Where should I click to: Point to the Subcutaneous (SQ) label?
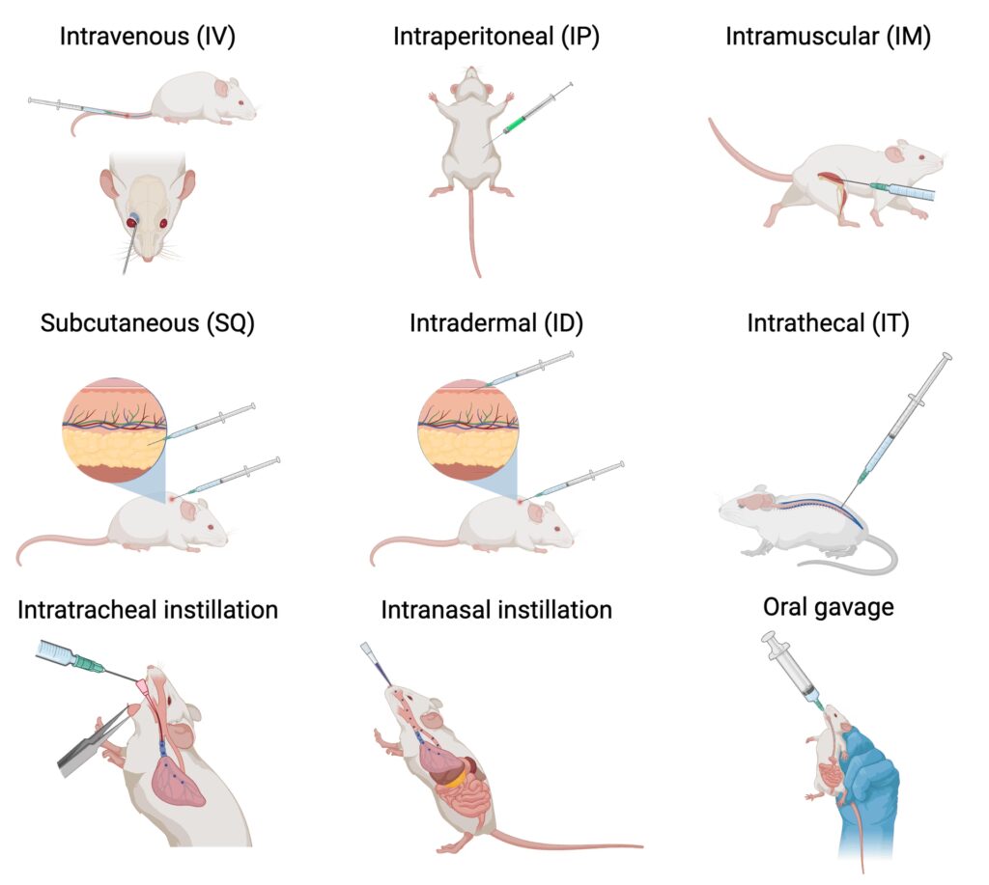coord(148,323)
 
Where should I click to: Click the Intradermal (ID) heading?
coord(496,323)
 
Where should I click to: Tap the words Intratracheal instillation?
coord(148,609)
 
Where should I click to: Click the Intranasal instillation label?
coord(496,609)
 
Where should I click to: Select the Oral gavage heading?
coord(828,607)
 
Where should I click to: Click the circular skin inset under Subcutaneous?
coord(114,429)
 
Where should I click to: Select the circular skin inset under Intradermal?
coord(469,429)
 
